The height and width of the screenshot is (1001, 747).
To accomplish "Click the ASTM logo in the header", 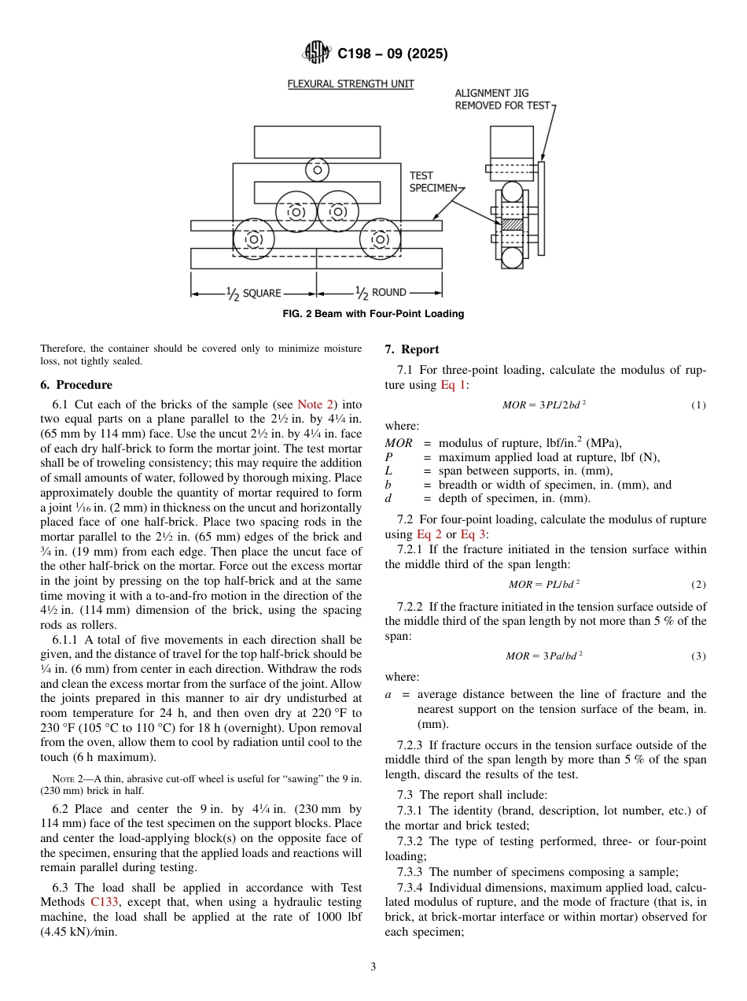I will (x=317, y=54).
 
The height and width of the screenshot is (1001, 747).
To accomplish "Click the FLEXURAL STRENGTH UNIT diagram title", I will (x=350, y=83).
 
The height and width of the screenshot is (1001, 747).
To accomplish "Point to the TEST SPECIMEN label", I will (x=432, y=182).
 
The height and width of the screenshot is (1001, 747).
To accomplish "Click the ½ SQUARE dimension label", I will (x=253, y=293).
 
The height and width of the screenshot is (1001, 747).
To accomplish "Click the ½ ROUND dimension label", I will (x=381, y=293).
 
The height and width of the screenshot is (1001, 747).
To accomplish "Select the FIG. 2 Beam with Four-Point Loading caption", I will (x=373, y=314).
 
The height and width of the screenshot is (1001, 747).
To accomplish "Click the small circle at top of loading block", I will (x=318, y=168).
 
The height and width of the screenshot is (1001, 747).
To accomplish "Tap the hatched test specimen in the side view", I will (x=512, y=224).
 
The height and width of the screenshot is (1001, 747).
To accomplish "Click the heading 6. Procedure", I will (x=76, y=385).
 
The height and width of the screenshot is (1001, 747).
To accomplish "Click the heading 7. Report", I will (x=412, y=349).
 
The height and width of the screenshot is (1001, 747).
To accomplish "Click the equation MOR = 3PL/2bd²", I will (x=544, y=405).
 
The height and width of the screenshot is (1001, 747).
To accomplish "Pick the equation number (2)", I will (x=698, y=585).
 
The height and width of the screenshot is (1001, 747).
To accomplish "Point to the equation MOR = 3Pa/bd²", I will (x=544, y=656).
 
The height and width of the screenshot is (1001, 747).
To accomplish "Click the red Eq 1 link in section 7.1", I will (x=454, y=385).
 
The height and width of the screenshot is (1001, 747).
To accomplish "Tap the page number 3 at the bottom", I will (x=373, y=966).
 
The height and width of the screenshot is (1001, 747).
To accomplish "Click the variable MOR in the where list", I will (x=399, y=443).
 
